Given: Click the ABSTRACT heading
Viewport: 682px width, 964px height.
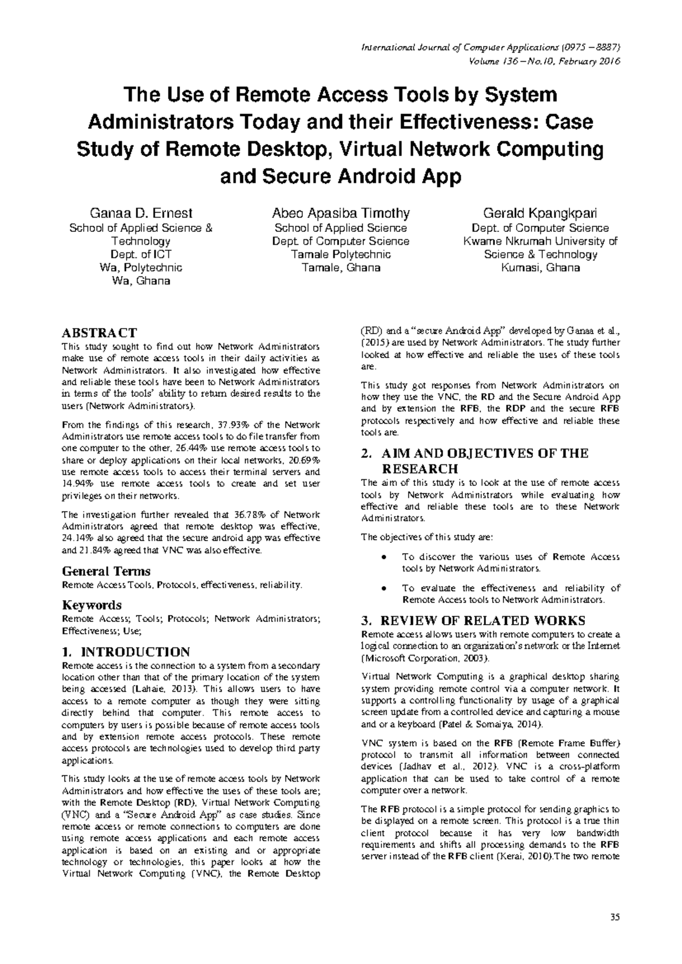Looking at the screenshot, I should tap(99, 333).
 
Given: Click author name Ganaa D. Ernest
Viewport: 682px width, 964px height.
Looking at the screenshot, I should tap(141, 214).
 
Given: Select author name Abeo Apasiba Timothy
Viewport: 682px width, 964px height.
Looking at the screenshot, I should tap(340, 214).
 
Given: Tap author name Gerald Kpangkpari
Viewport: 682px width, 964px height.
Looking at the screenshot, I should tap(540, 214).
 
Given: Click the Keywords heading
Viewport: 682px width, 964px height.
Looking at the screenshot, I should tap(92, 605).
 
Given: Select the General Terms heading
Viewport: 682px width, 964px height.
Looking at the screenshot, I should tap(106, 571).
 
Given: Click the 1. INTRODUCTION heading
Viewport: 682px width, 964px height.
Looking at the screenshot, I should tap(126, 652).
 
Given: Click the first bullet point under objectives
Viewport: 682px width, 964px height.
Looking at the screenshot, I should tap(386, 557).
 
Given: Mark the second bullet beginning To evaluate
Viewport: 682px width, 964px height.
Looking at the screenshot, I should tap(386, 588).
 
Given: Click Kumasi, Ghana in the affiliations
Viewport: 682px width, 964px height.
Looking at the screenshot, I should tap(540, 268).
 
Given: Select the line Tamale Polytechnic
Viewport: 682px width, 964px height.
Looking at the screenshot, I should tap(340, 254).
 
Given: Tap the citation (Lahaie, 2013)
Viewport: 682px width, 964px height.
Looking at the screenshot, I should tap(166, 689).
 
